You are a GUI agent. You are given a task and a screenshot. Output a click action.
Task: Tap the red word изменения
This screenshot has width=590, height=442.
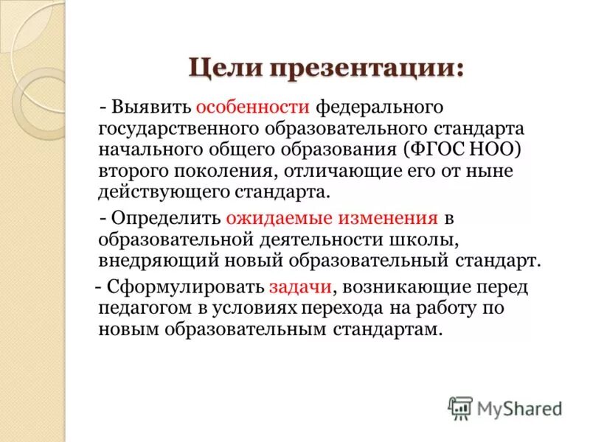click(x=376, y=219)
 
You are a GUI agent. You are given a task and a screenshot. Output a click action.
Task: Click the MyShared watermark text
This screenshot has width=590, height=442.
click(x=519, y=407)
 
